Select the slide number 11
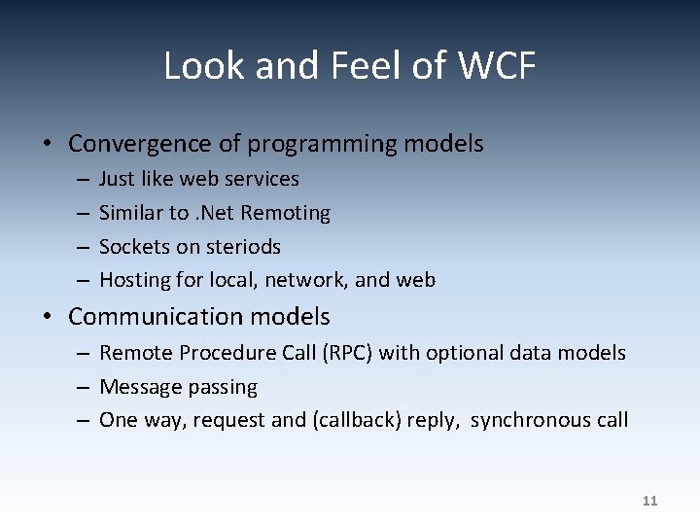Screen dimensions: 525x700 coord(650,501)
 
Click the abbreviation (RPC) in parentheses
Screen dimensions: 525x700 coord(345,353)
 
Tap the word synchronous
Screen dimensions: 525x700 coord(527,421)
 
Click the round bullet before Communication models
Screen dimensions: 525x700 coord(47,318)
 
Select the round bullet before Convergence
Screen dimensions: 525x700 coord(47,145)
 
